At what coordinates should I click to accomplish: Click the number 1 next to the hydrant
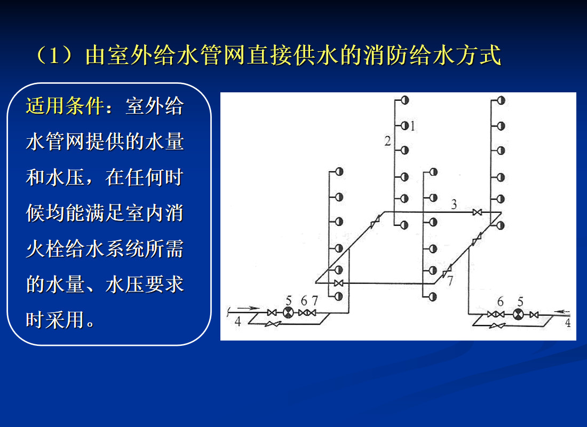413,126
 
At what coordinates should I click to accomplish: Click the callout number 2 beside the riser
387,141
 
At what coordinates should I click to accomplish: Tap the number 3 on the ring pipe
454,204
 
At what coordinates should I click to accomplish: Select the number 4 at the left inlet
238,322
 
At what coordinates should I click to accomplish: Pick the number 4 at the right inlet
568,323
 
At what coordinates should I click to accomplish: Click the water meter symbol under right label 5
518,314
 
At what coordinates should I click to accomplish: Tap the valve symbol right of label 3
477,212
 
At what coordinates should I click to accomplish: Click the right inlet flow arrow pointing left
562,311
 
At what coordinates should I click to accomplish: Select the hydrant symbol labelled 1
404,126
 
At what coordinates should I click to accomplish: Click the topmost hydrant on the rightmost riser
501,100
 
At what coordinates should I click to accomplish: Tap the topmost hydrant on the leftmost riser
338,172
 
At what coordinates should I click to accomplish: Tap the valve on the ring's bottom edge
338,282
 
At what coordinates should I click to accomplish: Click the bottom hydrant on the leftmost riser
338,296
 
